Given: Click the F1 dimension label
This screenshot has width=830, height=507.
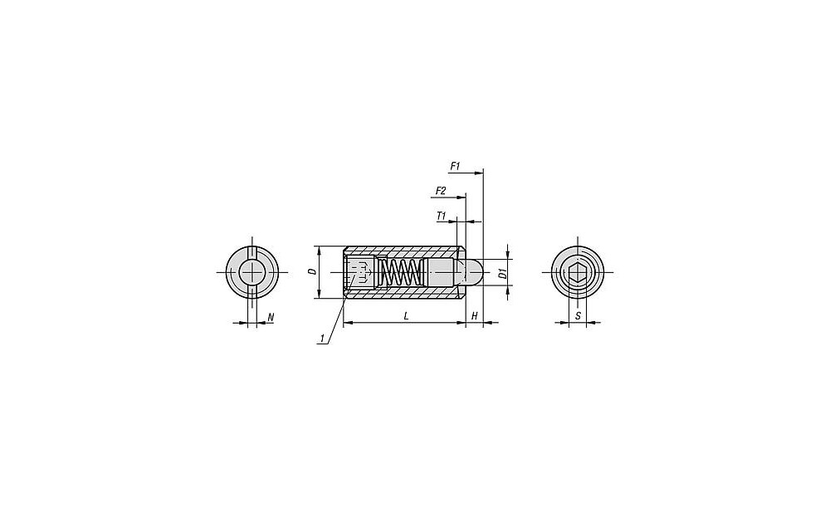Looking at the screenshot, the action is (x=455, y=166).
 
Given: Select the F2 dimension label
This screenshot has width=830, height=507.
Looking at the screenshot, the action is (x=441, y=191).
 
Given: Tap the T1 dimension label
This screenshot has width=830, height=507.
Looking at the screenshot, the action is (x=442, y=216).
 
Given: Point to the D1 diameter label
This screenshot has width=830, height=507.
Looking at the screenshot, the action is (x=504, y=273).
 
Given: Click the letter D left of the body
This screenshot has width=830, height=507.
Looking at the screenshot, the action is (x=313, y=272).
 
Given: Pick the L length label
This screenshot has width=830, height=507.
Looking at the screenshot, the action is (x=406, y=316).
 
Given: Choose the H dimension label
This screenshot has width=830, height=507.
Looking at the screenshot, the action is (x=475, y=316).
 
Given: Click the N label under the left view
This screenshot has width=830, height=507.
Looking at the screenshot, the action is (x=271, y=318).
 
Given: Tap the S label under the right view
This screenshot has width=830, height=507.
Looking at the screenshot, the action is (x=578, y=316).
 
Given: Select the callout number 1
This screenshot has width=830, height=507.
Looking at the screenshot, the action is (x=321, y=338).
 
